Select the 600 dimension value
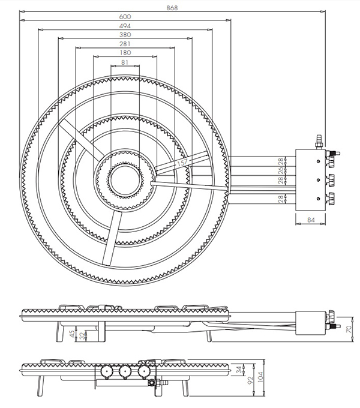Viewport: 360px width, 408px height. [125, 17]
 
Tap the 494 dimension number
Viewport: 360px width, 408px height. [125, 26]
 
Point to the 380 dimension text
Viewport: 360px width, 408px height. [125, 35]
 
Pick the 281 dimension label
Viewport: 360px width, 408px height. [125, 44]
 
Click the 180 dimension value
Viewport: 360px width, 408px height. [125, 53]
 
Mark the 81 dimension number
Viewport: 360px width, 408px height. [125, 62]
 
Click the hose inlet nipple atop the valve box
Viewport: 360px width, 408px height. [318, 143]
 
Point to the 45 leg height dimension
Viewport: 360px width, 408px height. [73, 333]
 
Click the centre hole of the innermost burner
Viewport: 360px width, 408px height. [125, 179]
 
